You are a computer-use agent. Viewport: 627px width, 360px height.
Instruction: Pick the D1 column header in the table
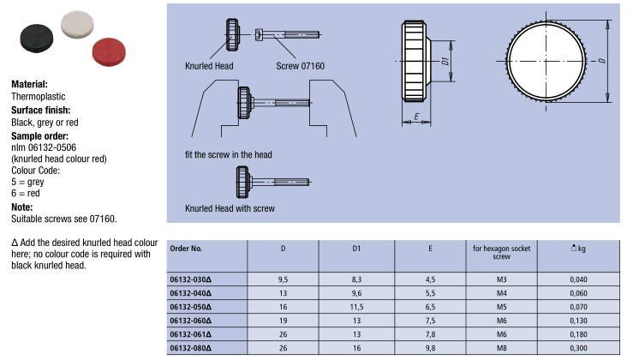[355, 249]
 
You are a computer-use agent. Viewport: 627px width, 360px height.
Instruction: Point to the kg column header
[578, 249]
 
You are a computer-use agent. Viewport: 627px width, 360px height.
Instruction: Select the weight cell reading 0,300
[578, 347]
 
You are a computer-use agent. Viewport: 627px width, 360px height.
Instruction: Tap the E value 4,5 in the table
[429, 279]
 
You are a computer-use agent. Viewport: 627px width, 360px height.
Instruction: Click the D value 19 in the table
[283, 320]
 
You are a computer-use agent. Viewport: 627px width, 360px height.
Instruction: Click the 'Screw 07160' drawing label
[301, 65]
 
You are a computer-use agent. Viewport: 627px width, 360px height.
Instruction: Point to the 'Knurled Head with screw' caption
[230, 208]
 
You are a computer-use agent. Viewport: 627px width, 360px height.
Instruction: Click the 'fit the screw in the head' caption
[228, 155]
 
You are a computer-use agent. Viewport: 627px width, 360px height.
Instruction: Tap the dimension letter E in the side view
[416, 117]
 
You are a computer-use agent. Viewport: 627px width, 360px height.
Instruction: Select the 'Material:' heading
[30, 85]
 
